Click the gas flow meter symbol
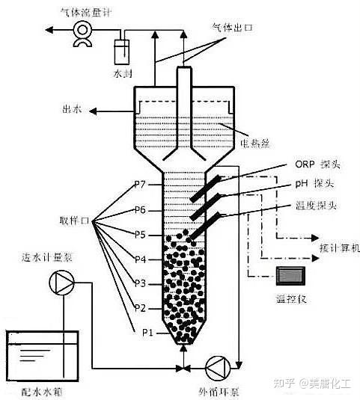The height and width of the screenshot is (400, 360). coord(82,34)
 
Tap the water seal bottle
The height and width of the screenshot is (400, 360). coord(121,52)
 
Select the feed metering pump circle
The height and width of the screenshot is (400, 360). coord(61,283)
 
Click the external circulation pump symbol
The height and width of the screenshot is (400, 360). coord(218,368)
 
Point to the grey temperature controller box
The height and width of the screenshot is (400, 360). coord(290,276)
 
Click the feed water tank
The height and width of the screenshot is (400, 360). coord(43,357)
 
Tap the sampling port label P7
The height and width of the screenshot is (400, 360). coord(140,184)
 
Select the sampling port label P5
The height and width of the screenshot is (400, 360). coord(140,235)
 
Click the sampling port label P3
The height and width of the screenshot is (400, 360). coord(140,283)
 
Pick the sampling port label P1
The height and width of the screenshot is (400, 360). coord(147,333)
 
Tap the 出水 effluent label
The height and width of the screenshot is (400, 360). coord(72,109)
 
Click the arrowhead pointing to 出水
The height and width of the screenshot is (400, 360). coord(93,111)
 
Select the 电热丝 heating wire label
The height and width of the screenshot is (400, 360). coord(254,144)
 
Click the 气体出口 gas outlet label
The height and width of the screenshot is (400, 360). coord(233,27)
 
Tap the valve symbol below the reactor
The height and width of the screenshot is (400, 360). coord(184,368)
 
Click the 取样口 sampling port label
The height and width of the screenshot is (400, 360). coord(74,221)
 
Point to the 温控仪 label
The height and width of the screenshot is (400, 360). coord(291,298)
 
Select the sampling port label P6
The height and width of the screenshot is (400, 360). coord(140,210)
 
